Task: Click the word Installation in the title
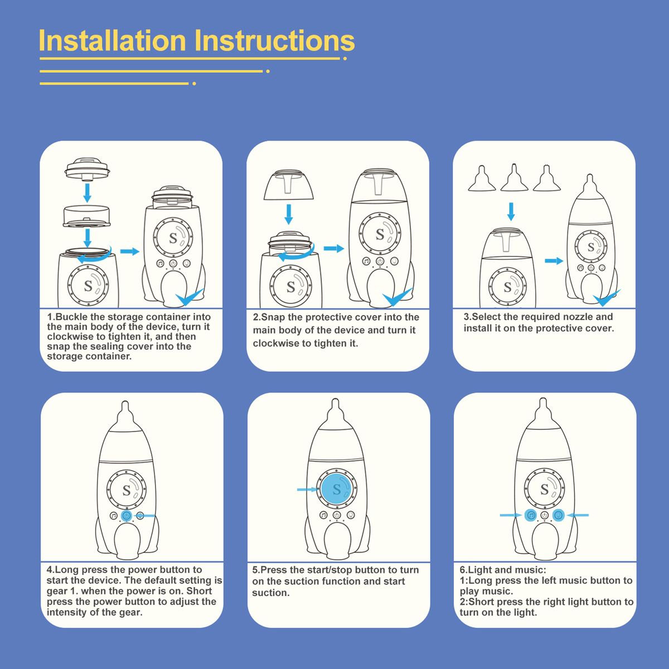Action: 113,40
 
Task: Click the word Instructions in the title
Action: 274,40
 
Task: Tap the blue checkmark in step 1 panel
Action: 190,297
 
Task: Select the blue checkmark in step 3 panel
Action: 607,297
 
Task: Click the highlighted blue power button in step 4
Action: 127,516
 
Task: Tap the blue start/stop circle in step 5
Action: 336,489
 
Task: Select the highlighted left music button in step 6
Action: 531,516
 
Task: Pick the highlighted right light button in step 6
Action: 558,516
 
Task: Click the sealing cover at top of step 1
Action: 88,169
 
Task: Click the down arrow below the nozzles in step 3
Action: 511,211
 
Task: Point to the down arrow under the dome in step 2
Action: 288,214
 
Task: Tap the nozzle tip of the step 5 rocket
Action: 336,401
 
